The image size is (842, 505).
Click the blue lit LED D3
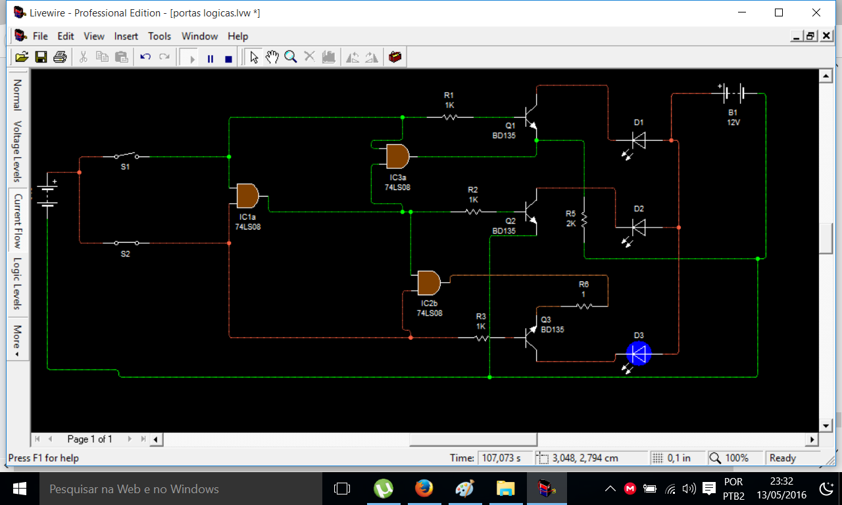pyautogui.click(x=638, y=354)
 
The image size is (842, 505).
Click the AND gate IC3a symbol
pyautogui.click(x=398, y=156)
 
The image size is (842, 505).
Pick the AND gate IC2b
pyautogui.click(x=429, y=283)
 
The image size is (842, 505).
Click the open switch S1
pyautogui.click(x=127, y=156)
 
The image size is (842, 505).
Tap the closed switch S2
pyautogui.click(x=127, y=243)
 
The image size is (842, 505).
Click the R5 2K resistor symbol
pyautogui.click(x=583, y=219)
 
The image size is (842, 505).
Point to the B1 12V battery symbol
pyautogui.click(x=733, y=93)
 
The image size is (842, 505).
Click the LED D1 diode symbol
pyautogui.click(x=639, y=141)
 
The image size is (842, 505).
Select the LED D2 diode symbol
pyautogui.click(x=639, y=228)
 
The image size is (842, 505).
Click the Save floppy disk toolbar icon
pyautogui.click(x=41, y=57)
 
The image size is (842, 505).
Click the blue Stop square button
pyautogui.click(x=228, y=59)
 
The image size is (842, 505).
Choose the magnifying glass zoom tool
pyautogui.click(x=291, y=57)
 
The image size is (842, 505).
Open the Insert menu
pyautogui.click(x=126, y=36)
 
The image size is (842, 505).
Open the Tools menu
pyautogui.click(x=159, y=36)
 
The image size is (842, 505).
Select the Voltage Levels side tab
pyautogui.click(x=17, y=151)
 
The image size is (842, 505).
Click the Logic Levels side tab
pyautogui.click(x=17, y=283)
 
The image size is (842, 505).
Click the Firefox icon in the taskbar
pyautogui.click(x=424, y=489)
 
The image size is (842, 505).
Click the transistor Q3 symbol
pyautogui.click(x=531, y=337)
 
